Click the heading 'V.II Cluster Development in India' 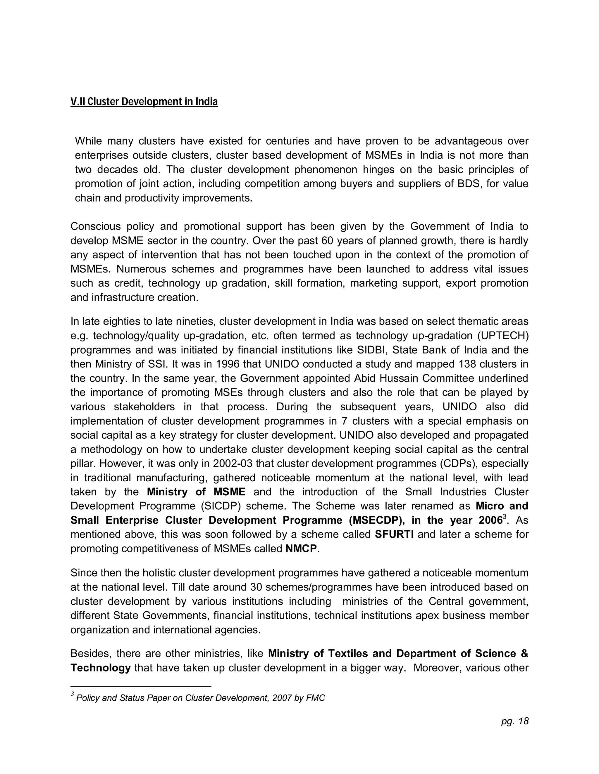144,102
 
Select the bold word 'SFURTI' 394,534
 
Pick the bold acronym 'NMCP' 301,549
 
